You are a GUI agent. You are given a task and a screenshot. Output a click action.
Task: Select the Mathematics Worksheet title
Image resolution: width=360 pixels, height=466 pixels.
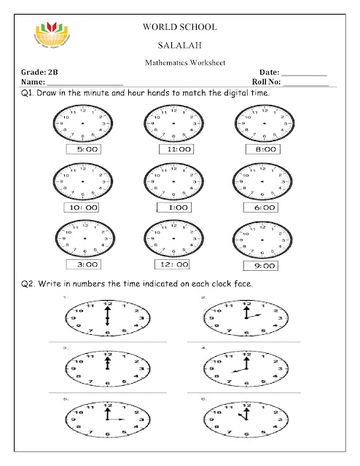pos(179,63)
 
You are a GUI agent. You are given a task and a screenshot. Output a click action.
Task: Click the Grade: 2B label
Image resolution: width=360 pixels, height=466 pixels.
pos(40,74)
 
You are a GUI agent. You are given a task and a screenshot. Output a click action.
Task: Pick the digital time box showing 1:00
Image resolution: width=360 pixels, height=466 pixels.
pos(173,207)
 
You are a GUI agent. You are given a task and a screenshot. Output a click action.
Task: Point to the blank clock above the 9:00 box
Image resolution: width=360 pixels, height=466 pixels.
pos(265,240)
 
